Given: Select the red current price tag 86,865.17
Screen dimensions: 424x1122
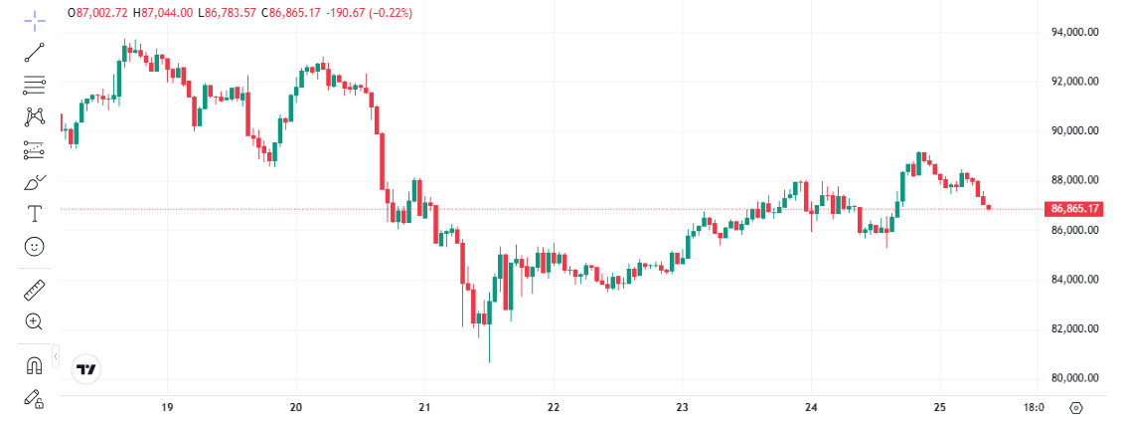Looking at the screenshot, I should click(x=1074, y=209).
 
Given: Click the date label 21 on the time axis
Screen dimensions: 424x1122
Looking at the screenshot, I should click(x=424, y=407).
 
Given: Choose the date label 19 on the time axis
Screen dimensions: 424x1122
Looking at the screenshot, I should click(x=167, y=407).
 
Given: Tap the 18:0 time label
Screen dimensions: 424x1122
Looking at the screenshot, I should click(x=1034, y=407).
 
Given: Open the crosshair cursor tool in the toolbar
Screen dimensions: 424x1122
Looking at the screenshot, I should click(x=35, y=19).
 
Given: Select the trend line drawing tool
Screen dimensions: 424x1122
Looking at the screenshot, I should click(x=35, y=52).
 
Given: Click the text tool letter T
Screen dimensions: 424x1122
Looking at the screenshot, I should click(x=35, y=213).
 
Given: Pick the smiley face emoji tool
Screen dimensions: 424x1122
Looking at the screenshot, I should click(x=35, y=246).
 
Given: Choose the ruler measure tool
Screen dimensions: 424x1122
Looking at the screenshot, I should click(x=35, y=290).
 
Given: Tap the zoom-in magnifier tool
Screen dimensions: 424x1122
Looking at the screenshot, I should click(x=35, y=321).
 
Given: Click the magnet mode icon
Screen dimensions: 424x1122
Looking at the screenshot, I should click(x=35, y=366).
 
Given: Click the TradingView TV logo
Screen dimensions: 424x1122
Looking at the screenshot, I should click(x=87, y=369).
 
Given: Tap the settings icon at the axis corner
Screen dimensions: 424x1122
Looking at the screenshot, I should click(x=1076, y=407).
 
